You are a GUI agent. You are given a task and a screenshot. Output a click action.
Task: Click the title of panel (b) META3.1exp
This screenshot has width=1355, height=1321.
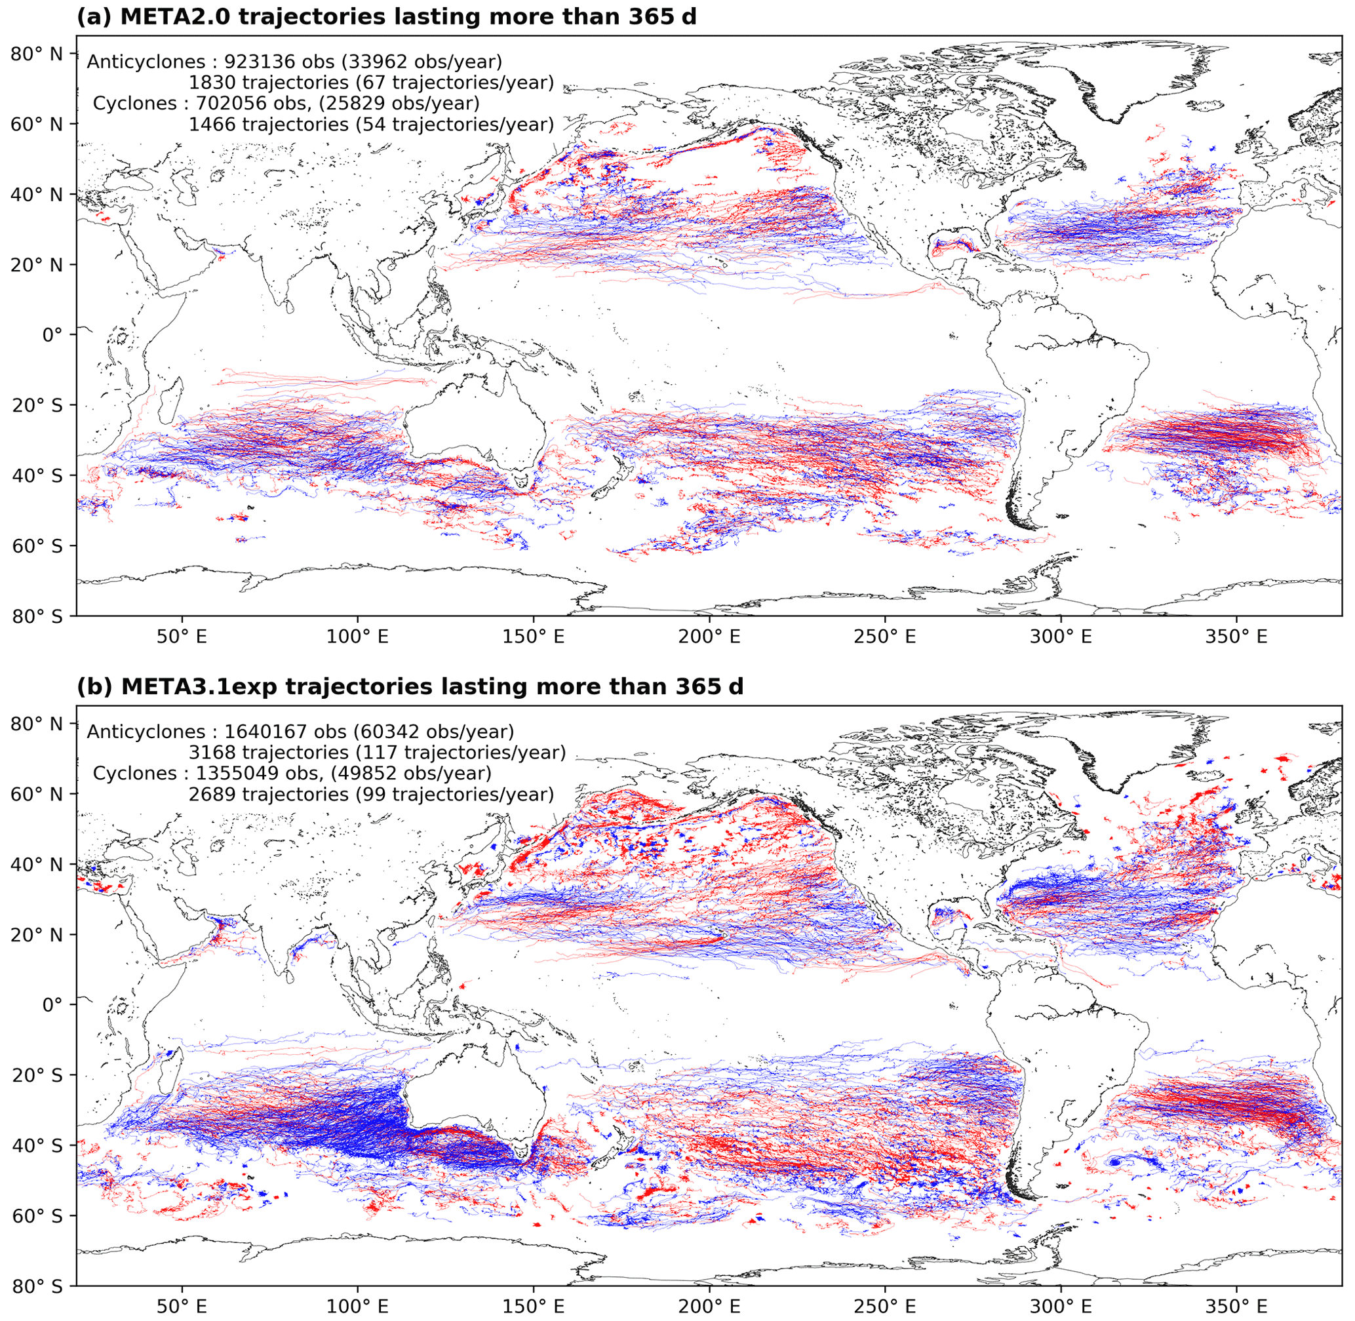(409, 686)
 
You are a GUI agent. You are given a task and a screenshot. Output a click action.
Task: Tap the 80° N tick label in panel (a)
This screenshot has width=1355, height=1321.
(35, 53)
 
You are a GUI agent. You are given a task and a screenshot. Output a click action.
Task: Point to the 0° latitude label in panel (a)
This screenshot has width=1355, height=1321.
(52, 335)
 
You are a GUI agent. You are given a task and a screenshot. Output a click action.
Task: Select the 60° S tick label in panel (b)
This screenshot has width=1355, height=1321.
(35, 1216)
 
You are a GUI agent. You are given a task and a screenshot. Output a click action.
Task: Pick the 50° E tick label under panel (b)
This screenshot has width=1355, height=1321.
(182, 1307)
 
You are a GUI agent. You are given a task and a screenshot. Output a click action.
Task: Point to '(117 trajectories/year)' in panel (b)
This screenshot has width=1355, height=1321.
(460, 753)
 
